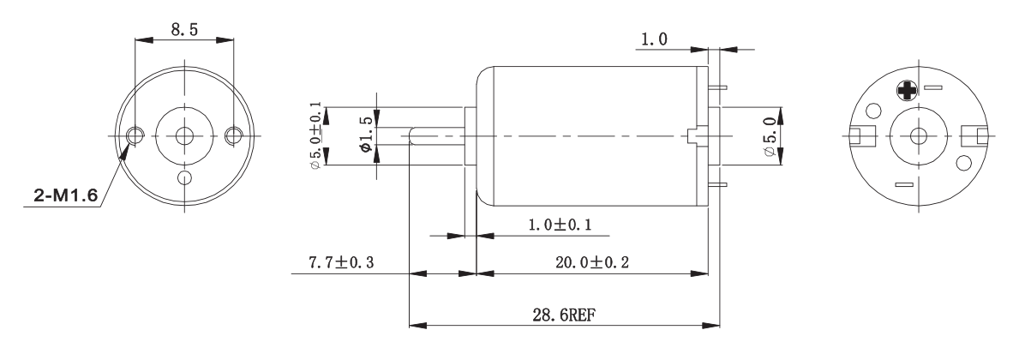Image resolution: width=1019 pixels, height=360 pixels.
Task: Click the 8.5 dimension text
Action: pyautogui.click(x=184, y=29)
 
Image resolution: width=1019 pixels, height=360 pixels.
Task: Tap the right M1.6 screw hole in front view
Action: pyautogui.click(x=233, y=135)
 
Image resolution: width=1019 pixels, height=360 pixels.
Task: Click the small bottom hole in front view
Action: pyautogui.click(x=184, y=177)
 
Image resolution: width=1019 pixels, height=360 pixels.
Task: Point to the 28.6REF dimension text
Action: pyautogui.click(x=561, y=314)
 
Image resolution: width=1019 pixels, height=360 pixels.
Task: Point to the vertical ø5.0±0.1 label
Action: pyautogui.click(x=316, y=135)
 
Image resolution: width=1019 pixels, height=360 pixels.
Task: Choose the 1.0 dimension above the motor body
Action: pyautogui.click(x=653, y=39)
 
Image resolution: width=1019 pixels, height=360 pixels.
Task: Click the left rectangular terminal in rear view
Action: pyautogui.click(x=859, y=135)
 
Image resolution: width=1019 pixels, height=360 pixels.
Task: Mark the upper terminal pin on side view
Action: pyautogui.click(x=718, y=87)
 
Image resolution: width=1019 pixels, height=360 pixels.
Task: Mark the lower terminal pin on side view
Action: pyautogui.click(x=718, y=183)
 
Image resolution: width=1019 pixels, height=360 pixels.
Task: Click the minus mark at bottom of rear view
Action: pyautogui.click(x=903, y=183)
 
